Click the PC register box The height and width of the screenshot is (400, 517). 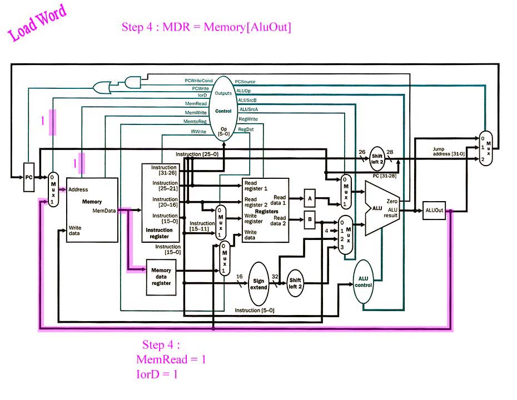click(x=29, y=177)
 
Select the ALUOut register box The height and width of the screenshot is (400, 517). click(x=434, y=210)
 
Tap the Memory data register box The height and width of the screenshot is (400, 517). click(x=161, y=277)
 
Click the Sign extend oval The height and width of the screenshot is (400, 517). click(x=258, y=284)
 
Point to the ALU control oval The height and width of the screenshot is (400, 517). click(x=363, y=282)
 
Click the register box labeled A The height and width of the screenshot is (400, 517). click(x=310, y=198)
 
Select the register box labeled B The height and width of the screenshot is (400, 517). click(x=310, y=220)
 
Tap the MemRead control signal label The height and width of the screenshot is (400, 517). click(x=196, y=103)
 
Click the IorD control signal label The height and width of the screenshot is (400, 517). click(x=202, y=95)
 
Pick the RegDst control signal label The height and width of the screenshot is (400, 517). click(x=246, y=129)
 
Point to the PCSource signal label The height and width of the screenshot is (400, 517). click(x=245, y=81)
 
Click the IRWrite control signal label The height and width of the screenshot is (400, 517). click(x=198, y=132)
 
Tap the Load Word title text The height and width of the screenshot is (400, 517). click(x=37, y=22)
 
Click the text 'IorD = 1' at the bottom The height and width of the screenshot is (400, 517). click(x=157, y=374)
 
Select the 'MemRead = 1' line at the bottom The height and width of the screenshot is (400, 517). click(x=171, y=359)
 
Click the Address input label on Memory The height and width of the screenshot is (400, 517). click(x=78, y=189)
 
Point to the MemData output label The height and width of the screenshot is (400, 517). click(x=104, y=211)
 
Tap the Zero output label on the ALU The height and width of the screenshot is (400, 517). click(x=392, y=201)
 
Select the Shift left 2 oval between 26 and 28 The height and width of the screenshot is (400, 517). click(x=377, y=159)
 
